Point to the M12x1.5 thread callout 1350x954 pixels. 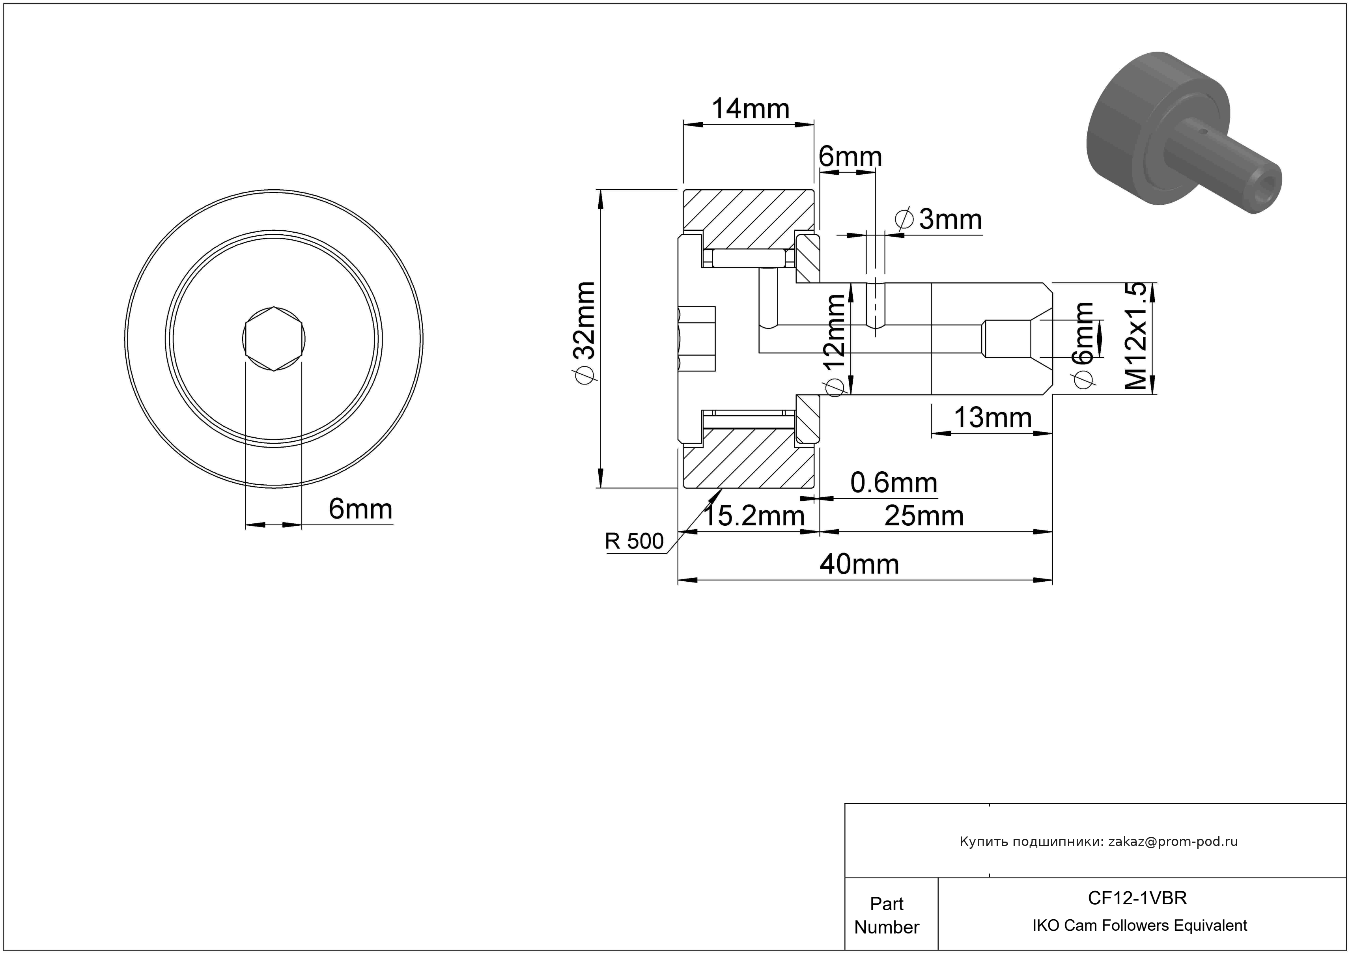pos(1135,336)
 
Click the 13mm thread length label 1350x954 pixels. pos(993,418)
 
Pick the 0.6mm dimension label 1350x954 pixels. pos(894,483)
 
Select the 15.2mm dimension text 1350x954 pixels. pos(754,516)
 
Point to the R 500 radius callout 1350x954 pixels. pos(635,541)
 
